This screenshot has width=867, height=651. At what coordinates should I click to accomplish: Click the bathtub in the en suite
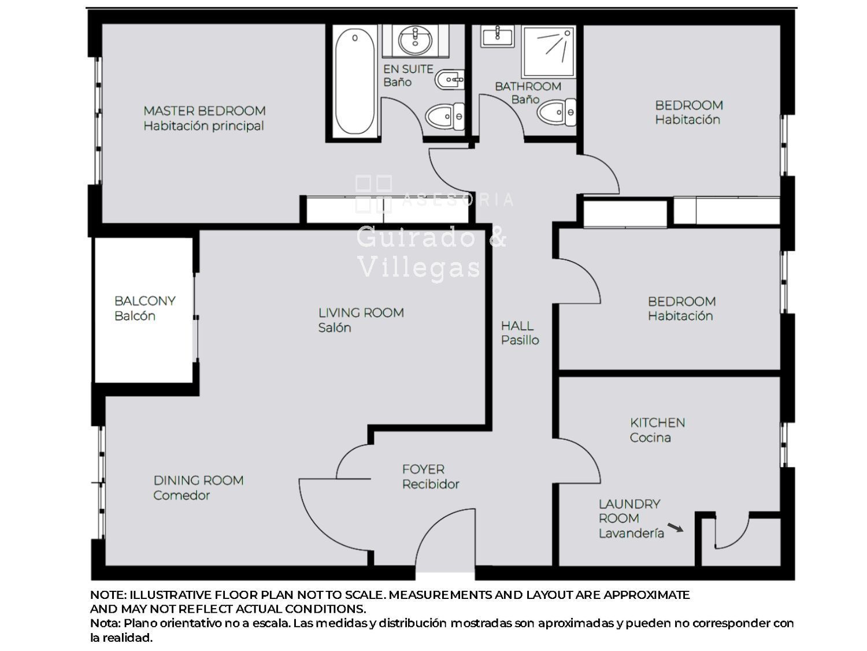coord(354,81)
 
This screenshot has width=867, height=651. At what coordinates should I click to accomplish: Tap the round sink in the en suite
coord(415,41)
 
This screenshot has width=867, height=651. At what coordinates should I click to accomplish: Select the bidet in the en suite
coord(449,80)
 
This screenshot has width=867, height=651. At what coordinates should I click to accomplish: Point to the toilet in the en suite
coord(444,116)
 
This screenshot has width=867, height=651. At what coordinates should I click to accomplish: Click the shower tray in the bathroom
coord(549,52)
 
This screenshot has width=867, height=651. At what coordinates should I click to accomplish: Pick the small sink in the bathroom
coord(497,36)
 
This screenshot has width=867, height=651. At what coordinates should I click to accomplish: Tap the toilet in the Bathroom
coord(556,112)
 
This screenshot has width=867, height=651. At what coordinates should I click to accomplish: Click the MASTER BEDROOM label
coord(204,111)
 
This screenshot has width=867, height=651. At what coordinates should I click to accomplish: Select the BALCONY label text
coord(145,301)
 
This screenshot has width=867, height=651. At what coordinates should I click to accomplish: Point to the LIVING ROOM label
coord(361,312)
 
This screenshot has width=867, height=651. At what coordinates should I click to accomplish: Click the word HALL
coord(517,326)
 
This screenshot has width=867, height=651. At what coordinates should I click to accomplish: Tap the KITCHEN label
coord(657,422)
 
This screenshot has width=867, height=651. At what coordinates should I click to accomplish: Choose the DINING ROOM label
coord(198,480)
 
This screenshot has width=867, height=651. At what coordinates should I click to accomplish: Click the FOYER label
coord(423,469)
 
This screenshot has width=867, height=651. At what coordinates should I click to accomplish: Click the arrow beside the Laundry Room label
coord(675,527)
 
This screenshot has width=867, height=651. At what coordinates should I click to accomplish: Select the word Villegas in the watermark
coord(420,269)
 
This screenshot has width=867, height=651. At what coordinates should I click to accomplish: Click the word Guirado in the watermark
coord(416,237)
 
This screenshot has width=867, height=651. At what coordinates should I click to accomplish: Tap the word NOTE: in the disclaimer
coord(108,595)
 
